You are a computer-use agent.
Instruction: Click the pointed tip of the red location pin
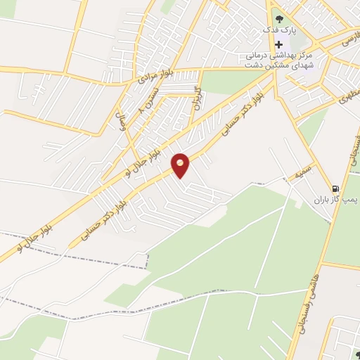[x=181, y=176]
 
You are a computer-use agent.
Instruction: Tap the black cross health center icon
[x=279, y=44]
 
